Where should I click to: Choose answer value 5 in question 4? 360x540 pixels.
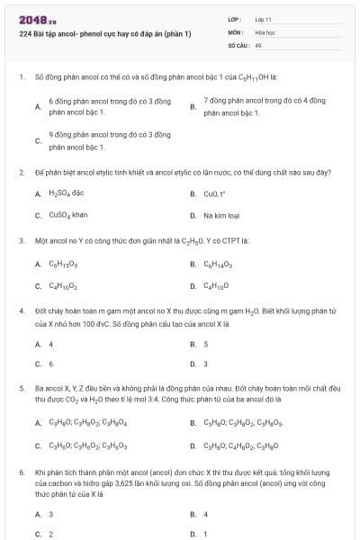(206, 344)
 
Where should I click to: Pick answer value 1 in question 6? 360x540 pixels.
(206, 534)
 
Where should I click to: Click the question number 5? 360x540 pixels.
(21, 387)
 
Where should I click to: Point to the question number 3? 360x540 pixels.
(21, 241)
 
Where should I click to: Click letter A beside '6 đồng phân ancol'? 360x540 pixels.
(37, 106)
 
